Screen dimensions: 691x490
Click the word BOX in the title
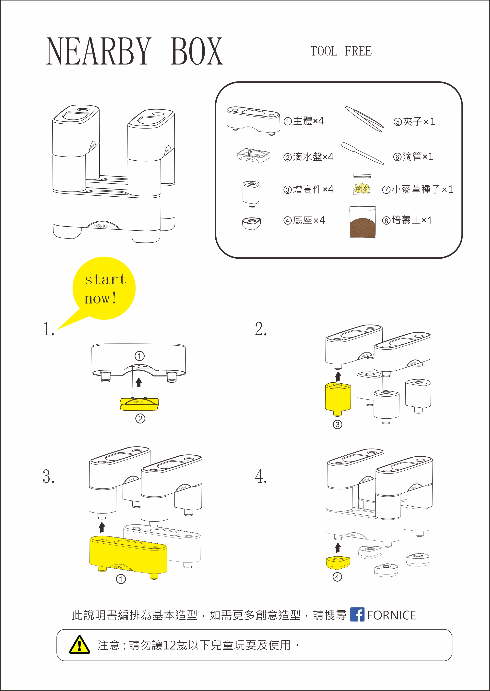pyautogui.click(x=197, y=51)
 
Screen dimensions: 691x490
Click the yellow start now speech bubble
pyautogui.click(x=104, y=288)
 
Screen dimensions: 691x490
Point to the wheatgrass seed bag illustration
pyautogui.click(x=362, y=185)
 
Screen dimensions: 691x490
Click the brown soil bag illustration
pyautogui.click(x=362, y=222)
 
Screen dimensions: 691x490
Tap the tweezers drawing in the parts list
pyautogui.click(x=365, y=119)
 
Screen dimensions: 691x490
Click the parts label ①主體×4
pyautogui.click(x=304, y=121)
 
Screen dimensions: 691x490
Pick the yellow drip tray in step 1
pyautogui.click(x=139, y=404)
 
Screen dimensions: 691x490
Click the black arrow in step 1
pyautogui.click(x=139, y=382)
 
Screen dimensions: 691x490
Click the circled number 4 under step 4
pyautogui.click(x=337, y=577)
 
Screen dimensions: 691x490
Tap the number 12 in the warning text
pyautogui.click(x=169, y=645)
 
